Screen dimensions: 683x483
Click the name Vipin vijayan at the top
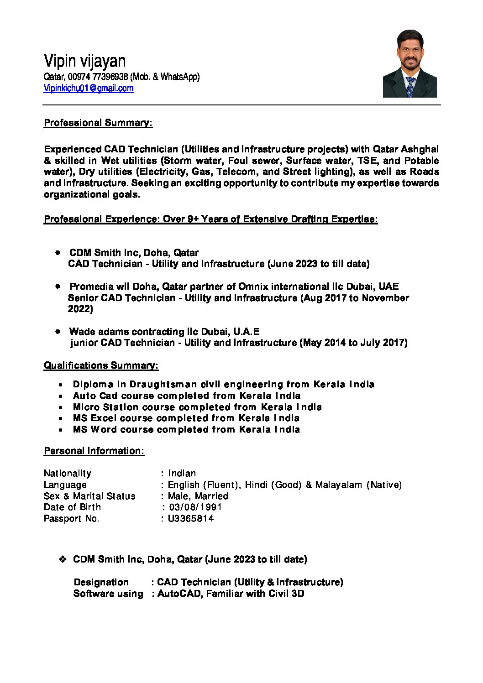[x=84, y=61]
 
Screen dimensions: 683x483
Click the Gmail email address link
[x=89, y=89]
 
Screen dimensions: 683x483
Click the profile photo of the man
[x=409, y=63]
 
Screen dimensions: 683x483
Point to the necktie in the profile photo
[x=410, y=87]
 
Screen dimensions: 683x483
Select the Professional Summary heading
[x=98, y=123]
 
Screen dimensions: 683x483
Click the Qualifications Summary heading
[x=101, y=365]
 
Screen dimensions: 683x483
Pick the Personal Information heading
[x=94, y=451]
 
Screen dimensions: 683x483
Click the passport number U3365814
[x=191, y=518]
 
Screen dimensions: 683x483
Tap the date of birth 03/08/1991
[x=195, y=507]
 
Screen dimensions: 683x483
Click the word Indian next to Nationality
[x=182, y=473]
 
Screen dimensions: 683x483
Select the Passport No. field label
[x=71, y=518]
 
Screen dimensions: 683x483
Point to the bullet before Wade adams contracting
[x=58, y=331]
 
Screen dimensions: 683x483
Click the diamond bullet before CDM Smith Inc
[x=63, y=559]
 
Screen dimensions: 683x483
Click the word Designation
[x=101, y=582]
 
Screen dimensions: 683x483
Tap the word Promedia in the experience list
[x=91, y=287]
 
